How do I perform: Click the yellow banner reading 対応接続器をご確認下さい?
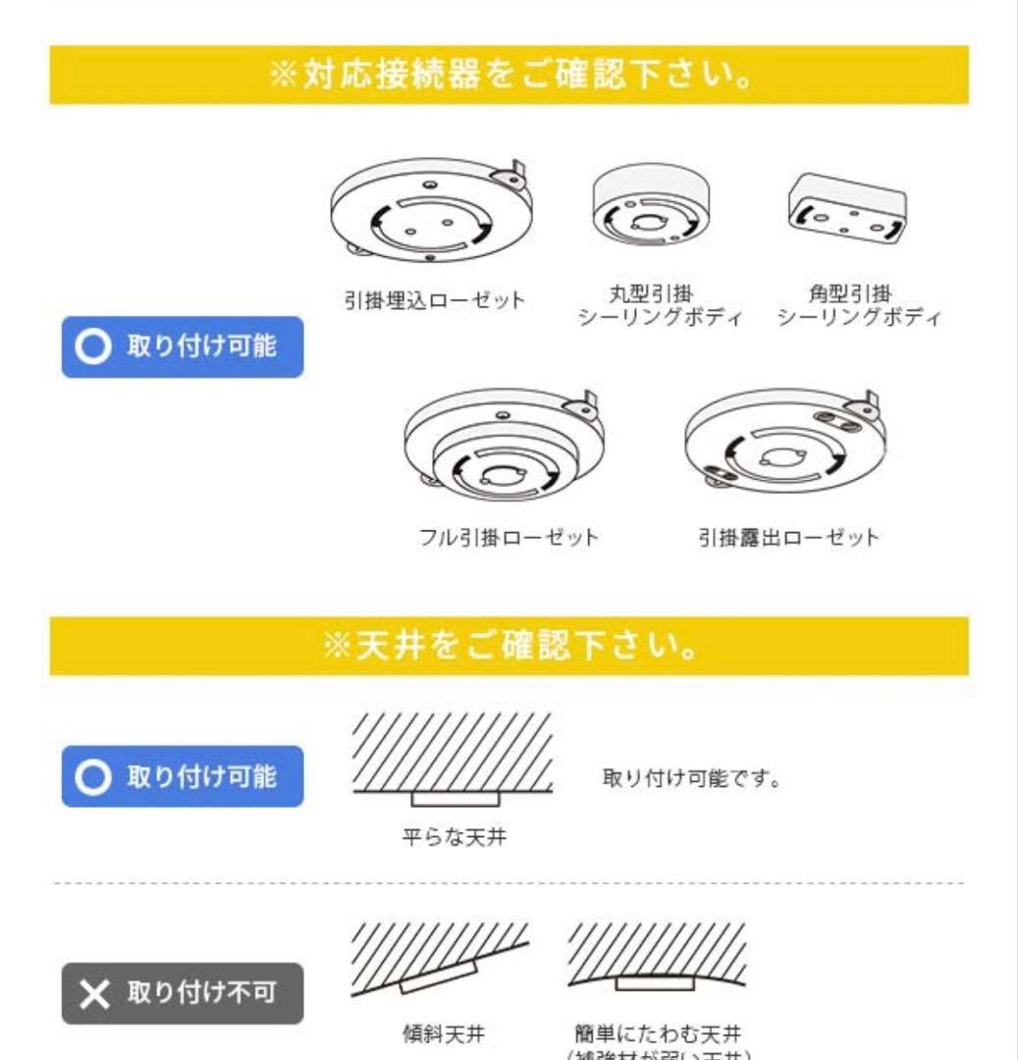509,76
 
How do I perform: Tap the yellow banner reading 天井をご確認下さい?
509,647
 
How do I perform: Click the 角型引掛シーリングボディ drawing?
847,209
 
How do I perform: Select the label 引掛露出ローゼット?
788,538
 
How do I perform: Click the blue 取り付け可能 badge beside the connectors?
183,346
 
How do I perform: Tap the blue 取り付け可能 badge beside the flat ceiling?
183,776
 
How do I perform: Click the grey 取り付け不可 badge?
183,993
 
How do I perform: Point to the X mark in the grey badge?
95,994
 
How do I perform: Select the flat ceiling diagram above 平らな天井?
453,761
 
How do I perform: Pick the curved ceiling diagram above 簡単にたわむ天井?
657,956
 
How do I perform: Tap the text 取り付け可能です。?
692,780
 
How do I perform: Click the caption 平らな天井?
455,838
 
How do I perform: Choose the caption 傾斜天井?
444,1033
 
